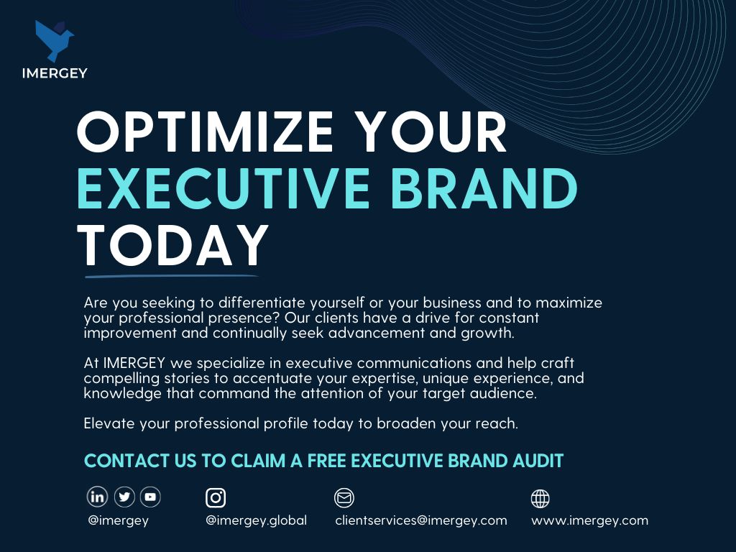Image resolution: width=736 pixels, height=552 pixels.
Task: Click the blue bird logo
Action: click(53, 40)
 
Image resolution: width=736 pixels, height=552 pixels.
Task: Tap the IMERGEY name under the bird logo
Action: click(55, 73)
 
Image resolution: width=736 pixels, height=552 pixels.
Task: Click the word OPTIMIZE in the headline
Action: click(205, 132)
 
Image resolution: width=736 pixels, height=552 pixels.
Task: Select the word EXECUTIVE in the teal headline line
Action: click(224, 188)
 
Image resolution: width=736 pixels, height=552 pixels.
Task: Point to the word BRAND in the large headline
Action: click(484, 188)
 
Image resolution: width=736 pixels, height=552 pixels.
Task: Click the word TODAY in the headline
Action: click(173, 245)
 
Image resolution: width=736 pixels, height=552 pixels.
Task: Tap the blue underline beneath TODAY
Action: click(171, 276)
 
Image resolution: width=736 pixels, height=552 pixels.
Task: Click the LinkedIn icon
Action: click(97, 497)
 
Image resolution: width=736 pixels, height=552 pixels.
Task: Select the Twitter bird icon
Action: click(124, 497)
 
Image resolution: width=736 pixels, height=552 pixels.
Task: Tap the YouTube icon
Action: click(150, 497)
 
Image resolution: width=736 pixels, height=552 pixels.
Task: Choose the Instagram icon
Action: click(216, 497)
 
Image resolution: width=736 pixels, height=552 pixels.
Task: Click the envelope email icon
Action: click(344, 497)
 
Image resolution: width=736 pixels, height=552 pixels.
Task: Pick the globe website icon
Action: click(540, 499)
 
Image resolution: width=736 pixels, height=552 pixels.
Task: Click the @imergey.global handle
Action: click(257, 520)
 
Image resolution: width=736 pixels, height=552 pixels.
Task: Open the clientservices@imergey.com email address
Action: click(421, 520)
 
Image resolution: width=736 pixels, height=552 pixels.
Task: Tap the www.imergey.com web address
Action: click(589, 520)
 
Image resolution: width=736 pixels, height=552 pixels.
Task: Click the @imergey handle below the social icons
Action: click(119, 520)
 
